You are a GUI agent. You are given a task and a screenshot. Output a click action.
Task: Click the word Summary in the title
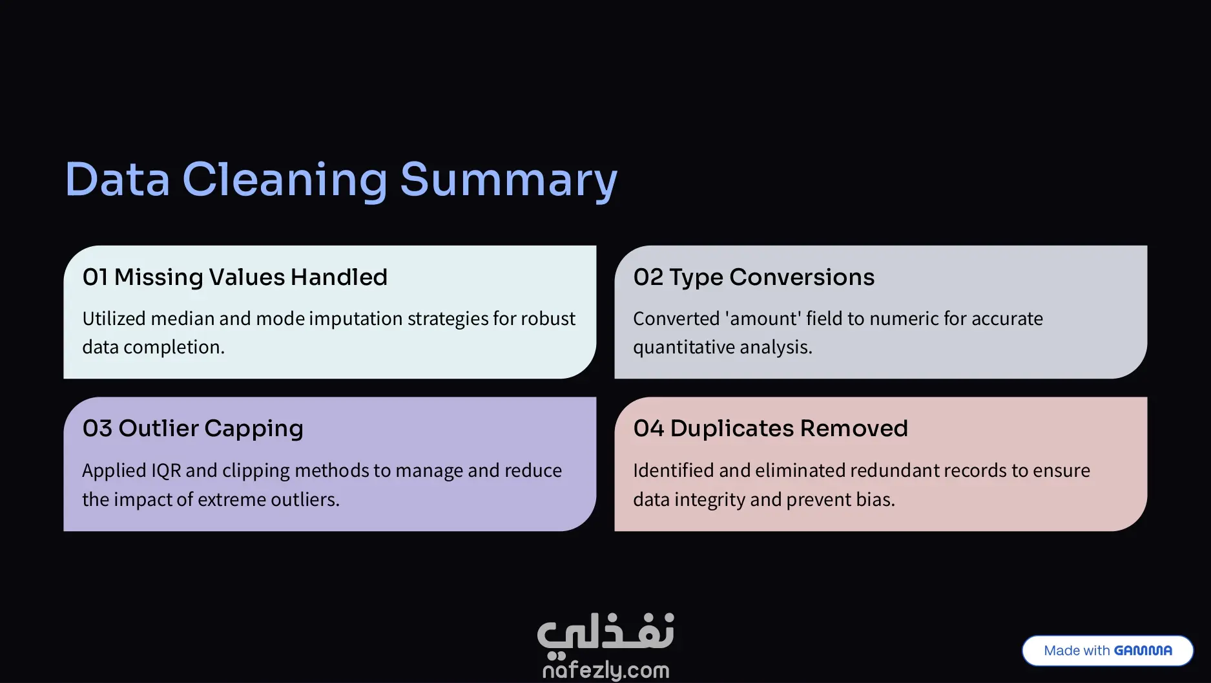509,180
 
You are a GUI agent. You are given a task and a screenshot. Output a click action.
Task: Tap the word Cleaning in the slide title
285,180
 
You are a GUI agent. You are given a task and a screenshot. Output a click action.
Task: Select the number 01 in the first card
95,277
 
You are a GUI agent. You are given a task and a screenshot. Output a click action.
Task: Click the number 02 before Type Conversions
648,277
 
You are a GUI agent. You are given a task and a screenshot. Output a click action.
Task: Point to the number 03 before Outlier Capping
97,428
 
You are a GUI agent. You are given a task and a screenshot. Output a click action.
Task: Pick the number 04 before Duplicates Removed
648,428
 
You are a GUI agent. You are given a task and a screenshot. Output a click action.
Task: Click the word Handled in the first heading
338,277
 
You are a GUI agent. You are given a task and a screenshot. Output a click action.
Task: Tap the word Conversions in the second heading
802,277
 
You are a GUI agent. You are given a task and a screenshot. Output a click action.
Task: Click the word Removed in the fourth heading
854,428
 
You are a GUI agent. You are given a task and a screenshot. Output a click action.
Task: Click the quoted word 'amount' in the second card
763,319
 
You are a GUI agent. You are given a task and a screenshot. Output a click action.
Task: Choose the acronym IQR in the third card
166,471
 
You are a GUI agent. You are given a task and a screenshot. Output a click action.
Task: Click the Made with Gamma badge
1108,651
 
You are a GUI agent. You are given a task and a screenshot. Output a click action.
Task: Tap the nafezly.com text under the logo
606,671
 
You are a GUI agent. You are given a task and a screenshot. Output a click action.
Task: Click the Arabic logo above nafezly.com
606,632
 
